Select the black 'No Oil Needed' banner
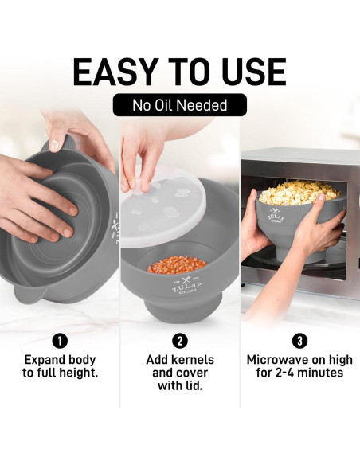(180, 105)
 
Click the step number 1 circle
(60, 342)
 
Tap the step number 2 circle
(180, 342)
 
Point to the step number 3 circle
(299, 342)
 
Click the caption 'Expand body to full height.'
(60, 365)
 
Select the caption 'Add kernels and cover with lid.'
(180, 372)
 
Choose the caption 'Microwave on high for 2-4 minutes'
(299, 365)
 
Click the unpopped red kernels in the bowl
(177, 265)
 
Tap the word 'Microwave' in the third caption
(280, 359)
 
